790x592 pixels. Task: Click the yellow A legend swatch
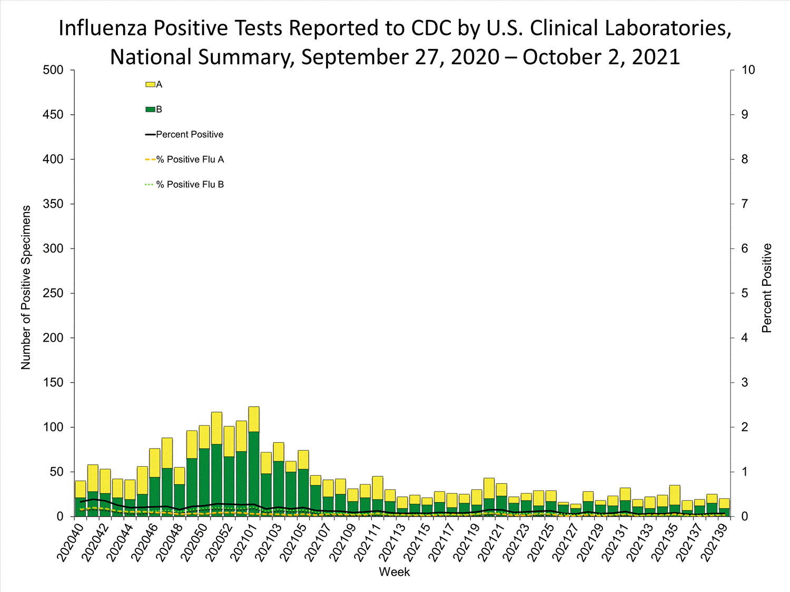coord(150,85)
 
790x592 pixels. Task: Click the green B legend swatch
coord(150,109)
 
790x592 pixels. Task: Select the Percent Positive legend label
coord(190,135)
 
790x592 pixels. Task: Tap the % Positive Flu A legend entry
coord(190,159)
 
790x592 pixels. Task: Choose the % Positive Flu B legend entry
coord(190,185)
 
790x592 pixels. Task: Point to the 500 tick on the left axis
coord(53,70)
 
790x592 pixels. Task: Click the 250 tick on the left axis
coord(53,293)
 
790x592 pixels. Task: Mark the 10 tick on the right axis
coord(748,70)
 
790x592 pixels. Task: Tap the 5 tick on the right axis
coord(745,293)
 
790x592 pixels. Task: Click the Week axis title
coord(394,572)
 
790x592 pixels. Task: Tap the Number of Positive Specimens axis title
coord(26,287)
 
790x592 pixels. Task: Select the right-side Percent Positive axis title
coord(767,288)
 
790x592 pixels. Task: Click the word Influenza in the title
coord(103,28)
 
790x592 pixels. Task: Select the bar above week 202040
coord(81,499)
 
